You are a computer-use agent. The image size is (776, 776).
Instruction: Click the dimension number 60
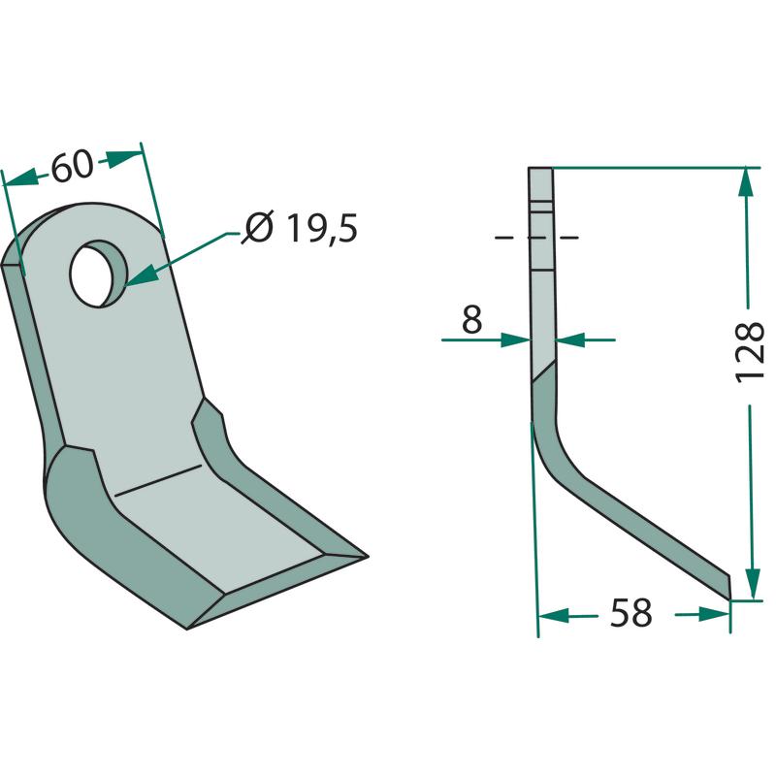pyautogui.click(x=72, y=166)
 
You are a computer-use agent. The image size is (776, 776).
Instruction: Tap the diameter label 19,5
pyautogui.click(x=322, y=228)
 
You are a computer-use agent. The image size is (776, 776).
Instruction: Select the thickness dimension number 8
pyautogui.click(x=471, y=319)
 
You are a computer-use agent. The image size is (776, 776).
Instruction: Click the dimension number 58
pyautogui.click(x=631, y=613)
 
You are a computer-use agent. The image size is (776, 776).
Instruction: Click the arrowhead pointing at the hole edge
pyautogui.click(x=142, y=275)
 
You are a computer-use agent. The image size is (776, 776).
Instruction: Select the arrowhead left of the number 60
pyautogui.click(x=21, y=178)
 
